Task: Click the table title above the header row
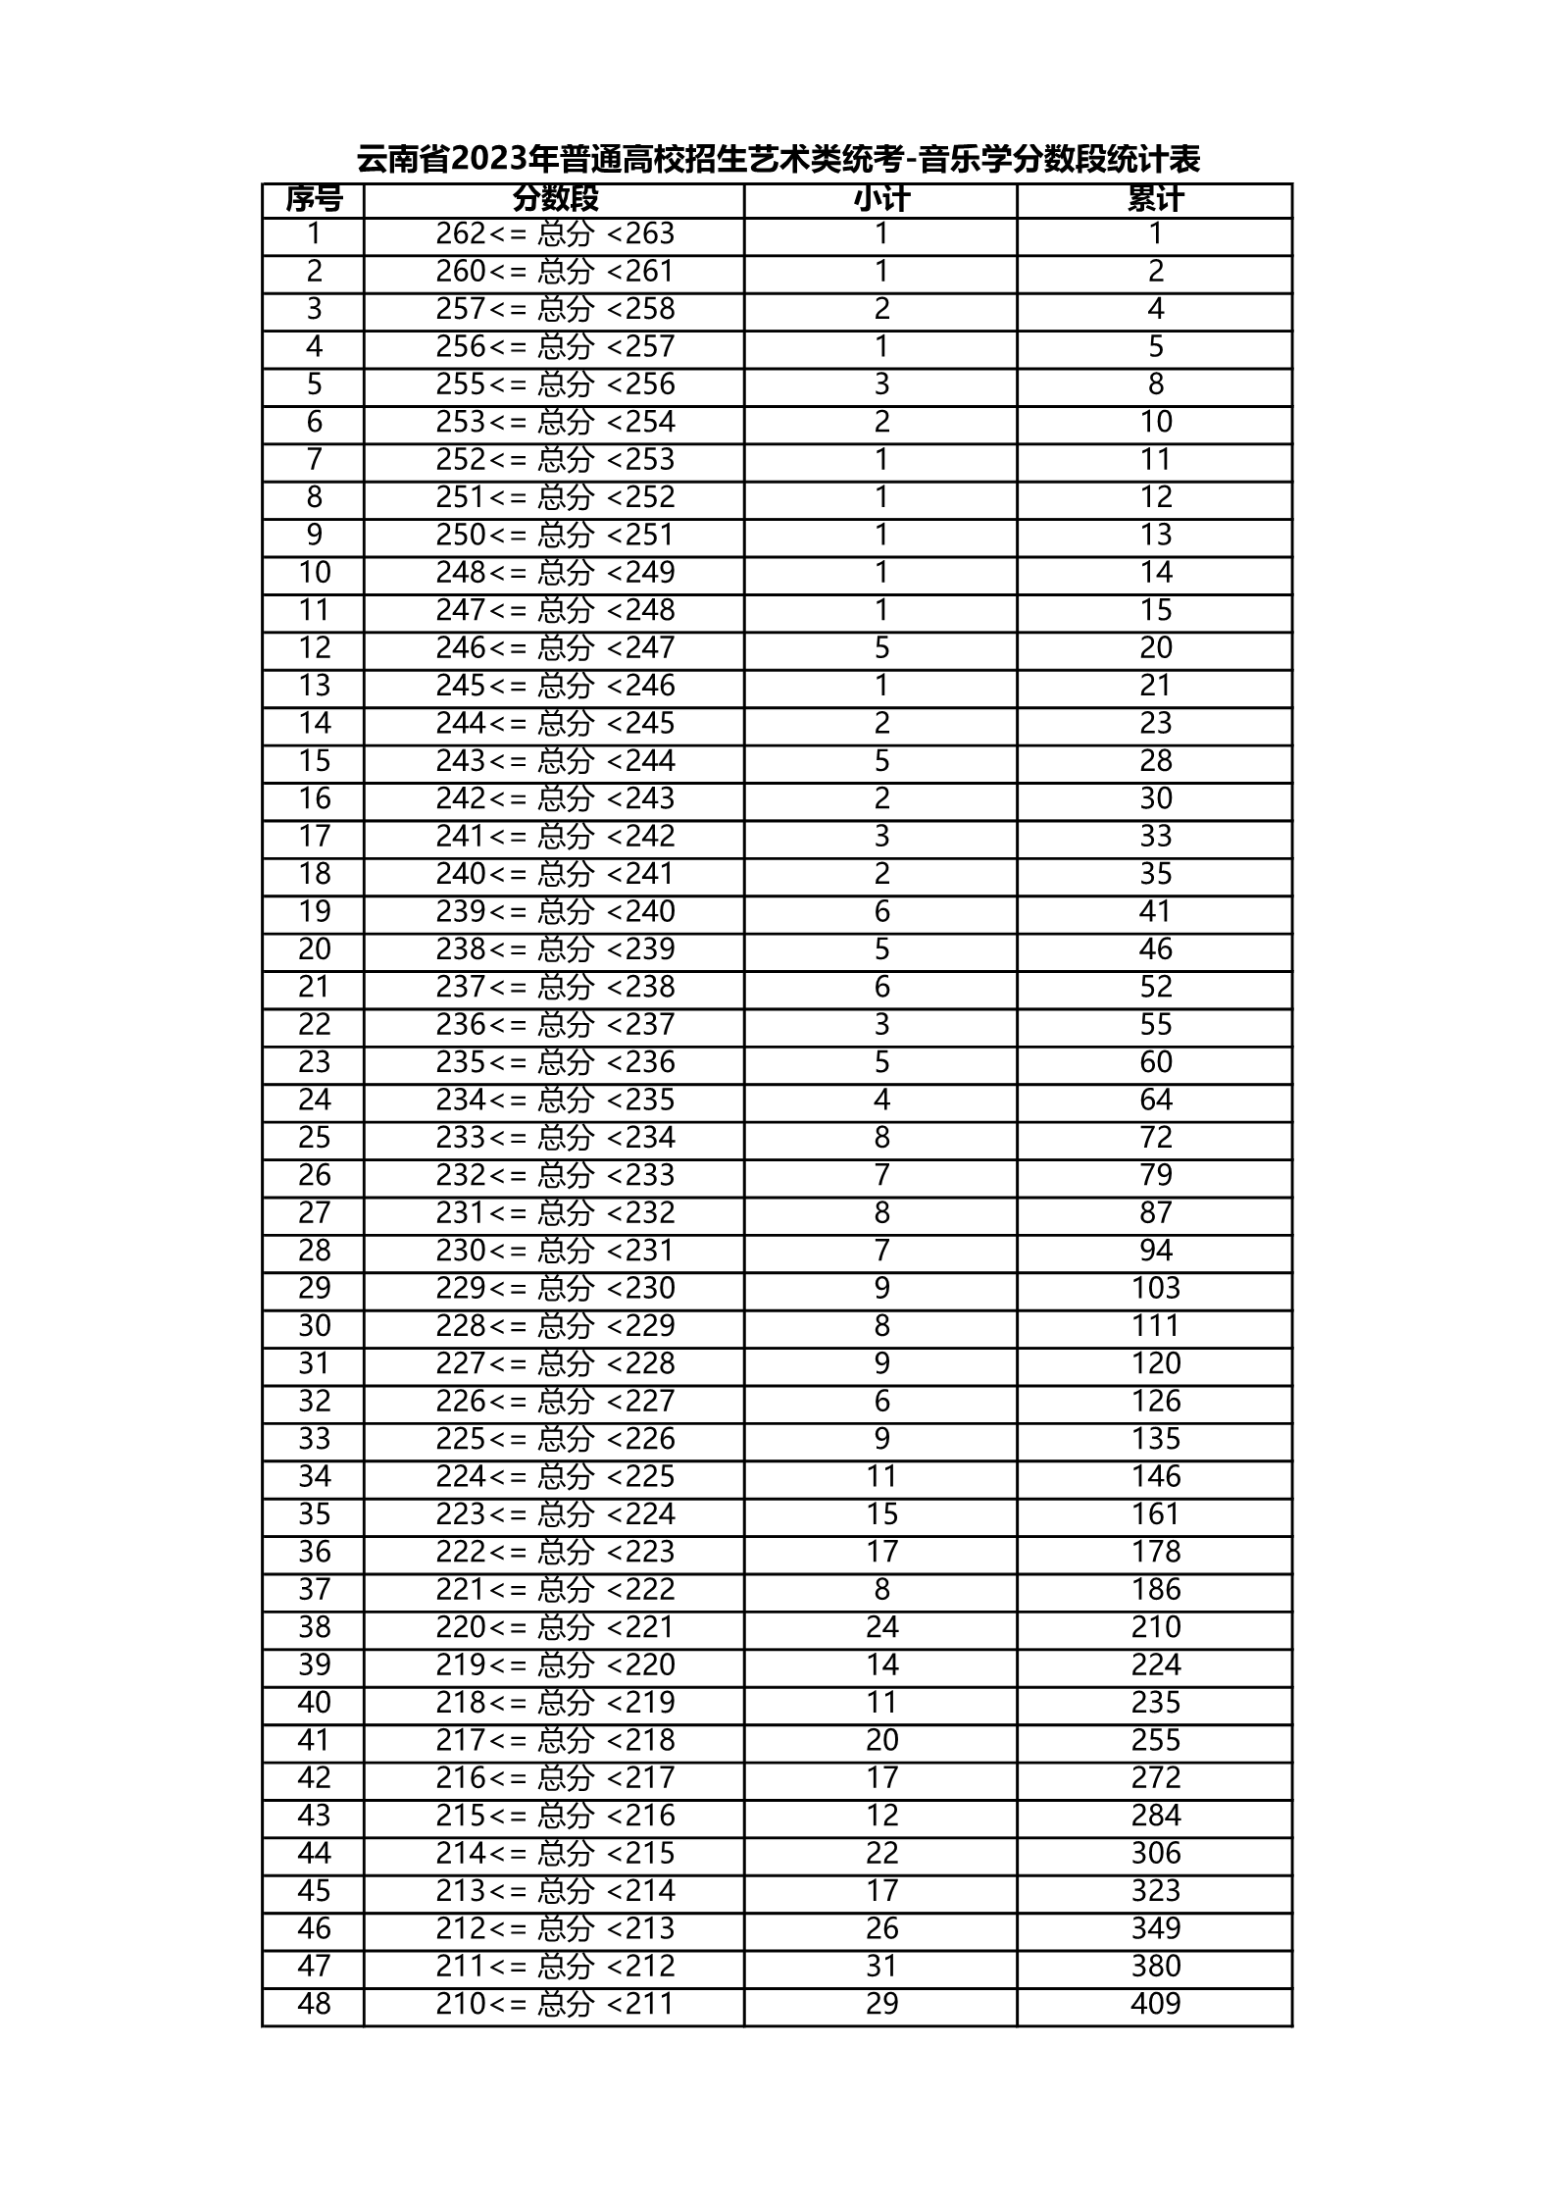click(x=778, y=159)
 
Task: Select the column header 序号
click(x=314, y=200)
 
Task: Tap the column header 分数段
click(x=555, y=200)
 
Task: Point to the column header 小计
click(x=880, y=200)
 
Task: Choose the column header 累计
click(x=1155, y=200)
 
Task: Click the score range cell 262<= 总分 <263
click(x=555, y=233)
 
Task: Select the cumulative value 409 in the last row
click(x=1155, y=2003)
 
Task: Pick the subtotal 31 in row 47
click(x=880, y=1966)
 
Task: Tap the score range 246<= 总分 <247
click(x=555, y=647)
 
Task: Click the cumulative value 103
click(x=1155, y=1288)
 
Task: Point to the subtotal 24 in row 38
click(x=880, y=1627)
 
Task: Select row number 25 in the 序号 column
click(x=314, y=1137)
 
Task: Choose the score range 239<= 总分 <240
click(x=555, y=911)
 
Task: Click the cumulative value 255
click(x=1155, y=1740)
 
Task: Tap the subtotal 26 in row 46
click(x=880, y=1928)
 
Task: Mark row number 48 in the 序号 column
click(x=314, y=2003)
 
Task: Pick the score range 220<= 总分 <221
click(x=555, y=1627)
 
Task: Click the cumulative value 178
click(x=1155, y=1552)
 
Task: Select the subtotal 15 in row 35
click(x=880, y=1514)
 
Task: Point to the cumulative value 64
click(x=1155, y=1100)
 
